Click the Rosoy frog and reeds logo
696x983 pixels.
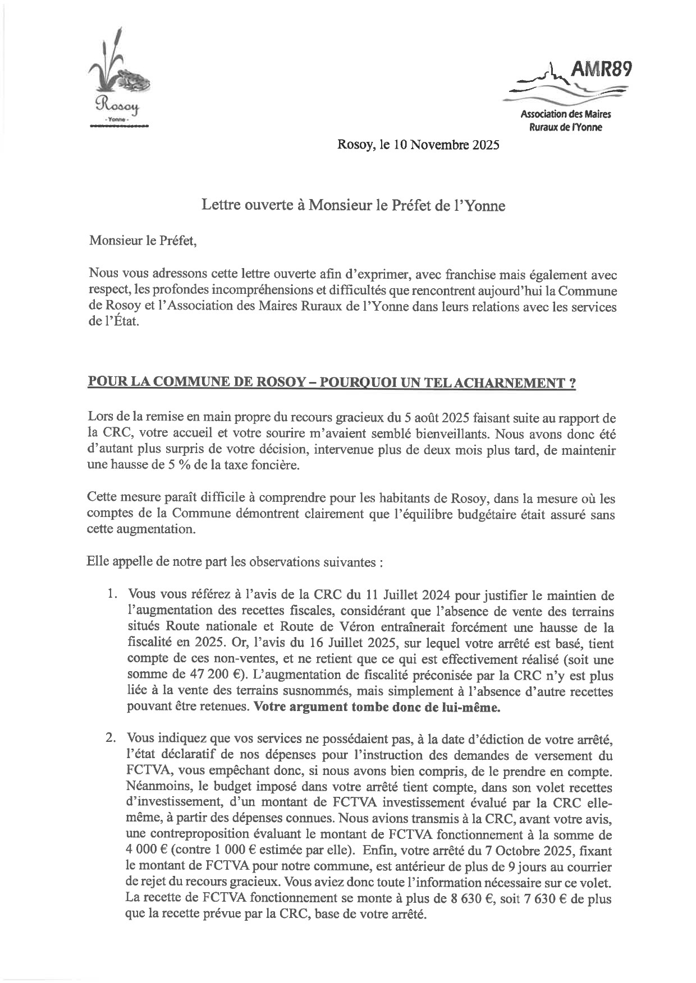tap(118, 73)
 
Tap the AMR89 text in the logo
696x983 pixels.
tap(601, 69)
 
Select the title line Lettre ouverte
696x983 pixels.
tap(353, 206)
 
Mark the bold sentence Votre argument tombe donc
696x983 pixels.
tap(376, 707)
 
